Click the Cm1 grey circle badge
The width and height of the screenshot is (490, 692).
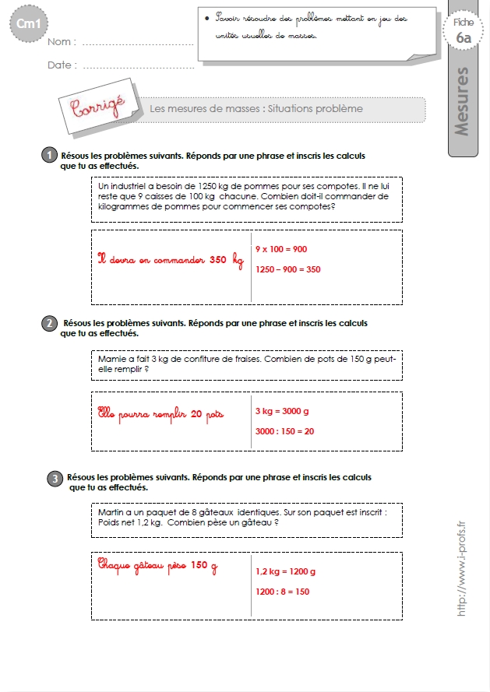[x=29, y=23]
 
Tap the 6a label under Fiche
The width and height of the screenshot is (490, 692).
[x=464, y=38]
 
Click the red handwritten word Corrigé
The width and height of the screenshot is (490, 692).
[x=98, y=106]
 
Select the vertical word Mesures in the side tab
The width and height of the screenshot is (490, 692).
[x=461, y=101]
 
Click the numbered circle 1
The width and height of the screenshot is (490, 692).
[x=50, y=155]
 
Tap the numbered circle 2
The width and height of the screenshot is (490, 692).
[x=50, y=323]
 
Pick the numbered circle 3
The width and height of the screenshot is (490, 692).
[x=55, y=479]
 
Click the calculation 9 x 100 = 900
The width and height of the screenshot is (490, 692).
[x=281, y=249]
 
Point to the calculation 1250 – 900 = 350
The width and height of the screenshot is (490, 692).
[x=288, y=269]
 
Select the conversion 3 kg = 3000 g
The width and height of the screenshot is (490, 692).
[x=282, y=411]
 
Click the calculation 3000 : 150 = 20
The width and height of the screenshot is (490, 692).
[x=284, y=431]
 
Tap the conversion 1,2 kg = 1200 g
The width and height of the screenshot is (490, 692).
[x=285, y=571]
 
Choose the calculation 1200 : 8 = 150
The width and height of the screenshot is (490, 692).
[x=282, y=592]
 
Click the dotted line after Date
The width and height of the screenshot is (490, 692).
[x=139, y=68]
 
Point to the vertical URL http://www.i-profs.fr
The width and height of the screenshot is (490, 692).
[x=461, y=568]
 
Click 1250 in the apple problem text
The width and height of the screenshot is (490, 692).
[x=206, y=186]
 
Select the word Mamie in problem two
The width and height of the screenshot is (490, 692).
[x=111, y=360]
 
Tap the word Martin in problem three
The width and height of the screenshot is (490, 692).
[x=111, y=512]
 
